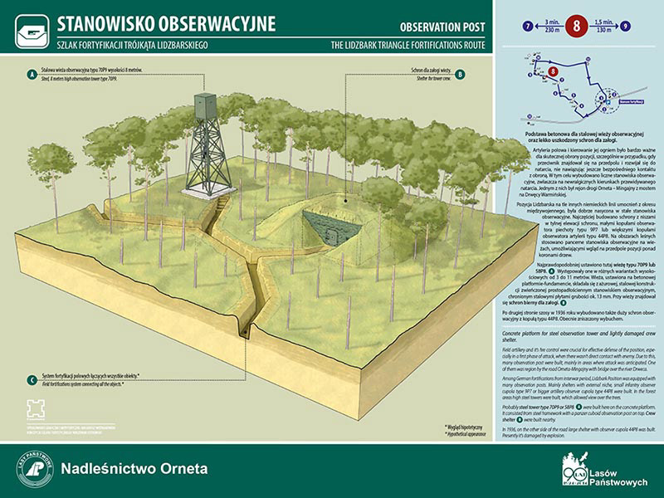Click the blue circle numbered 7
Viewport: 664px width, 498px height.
point(528,26)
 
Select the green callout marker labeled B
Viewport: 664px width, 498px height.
point(461,75)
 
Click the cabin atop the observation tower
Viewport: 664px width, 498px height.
point(203,106)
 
